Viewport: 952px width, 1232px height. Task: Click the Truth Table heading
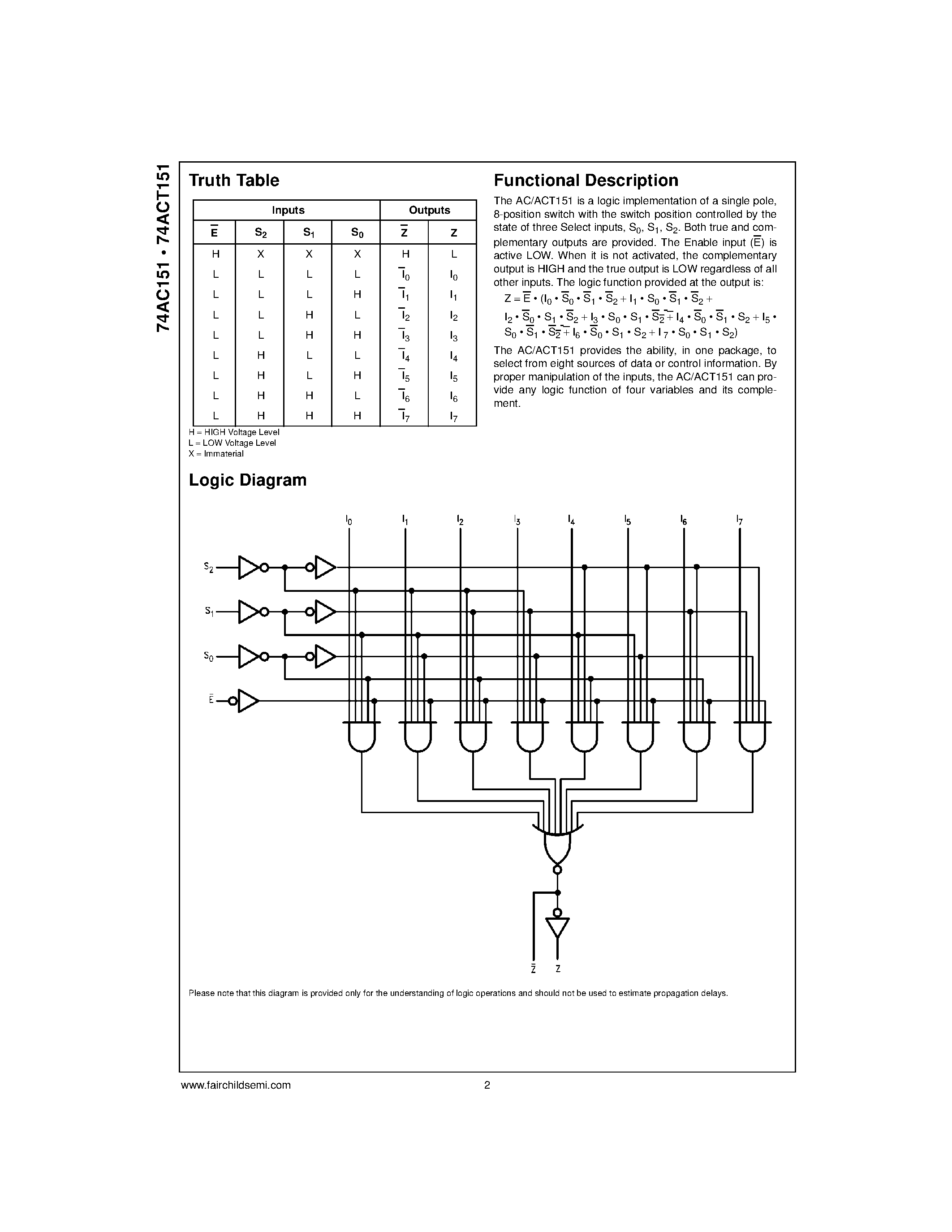click(x=234, y=181)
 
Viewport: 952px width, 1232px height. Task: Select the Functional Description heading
click(x=586, y=181)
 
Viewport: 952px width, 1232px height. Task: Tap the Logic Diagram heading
click(x=248, y=480)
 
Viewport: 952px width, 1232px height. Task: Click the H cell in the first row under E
click(x=215, y=254)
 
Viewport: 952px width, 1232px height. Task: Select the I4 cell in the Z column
click(x=453, y=356)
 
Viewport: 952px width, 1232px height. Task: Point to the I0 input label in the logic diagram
click(x=349, y=520)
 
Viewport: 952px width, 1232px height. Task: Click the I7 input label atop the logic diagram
click(x=739, y=520)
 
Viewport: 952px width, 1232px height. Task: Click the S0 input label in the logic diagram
click(x=209, y=657)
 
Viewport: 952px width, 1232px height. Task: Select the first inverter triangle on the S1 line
click(x=249, y=612)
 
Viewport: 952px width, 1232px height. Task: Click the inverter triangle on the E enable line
click(x=248, y=701)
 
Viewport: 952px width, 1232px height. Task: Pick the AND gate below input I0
click(x=362, y=737)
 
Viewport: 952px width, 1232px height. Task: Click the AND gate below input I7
click(x=752, y=737)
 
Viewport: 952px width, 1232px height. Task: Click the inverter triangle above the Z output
click(x=557, y=927)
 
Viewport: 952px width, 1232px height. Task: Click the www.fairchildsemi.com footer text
click(x=236, y=1085)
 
